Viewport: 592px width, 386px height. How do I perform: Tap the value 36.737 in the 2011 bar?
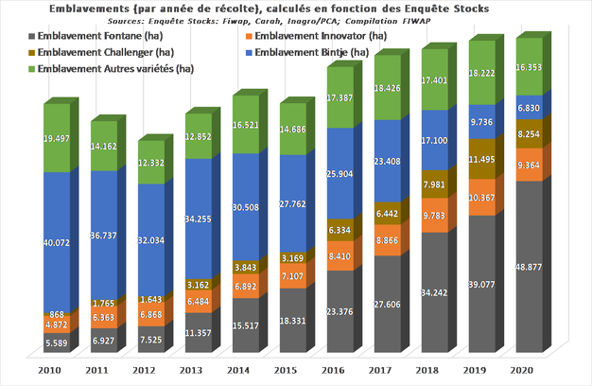tap(105, 235)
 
